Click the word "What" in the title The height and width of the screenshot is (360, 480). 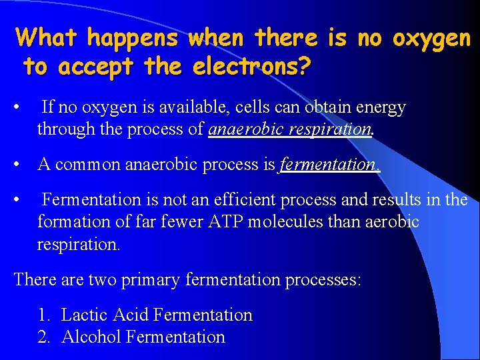tap(48, 38)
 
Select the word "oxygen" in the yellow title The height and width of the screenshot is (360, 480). tap(431, 38)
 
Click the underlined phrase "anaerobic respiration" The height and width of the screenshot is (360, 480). tap(289, 129)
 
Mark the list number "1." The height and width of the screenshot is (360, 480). tap(44, 315)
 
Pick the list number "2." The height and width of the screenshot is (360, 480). tap(44, 337)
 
